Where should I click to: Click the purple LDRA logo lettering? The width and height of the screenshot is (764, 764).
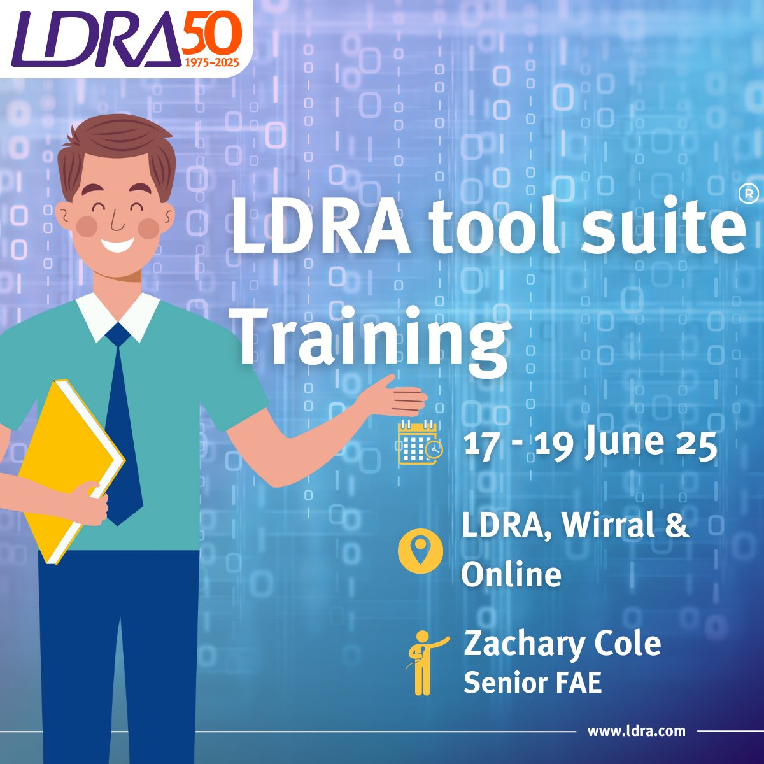95,39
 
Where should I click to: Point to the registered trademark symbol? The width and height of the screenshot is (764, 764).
751,192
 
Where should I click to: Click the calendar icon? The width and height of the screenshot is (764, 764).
418,442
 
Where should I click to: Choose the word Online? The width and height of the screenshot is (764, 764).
511,575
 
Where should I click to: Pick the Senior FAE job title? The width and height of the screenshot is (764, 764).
532,683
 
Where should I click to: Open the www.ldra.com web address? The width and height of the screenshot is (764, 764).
637,731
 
